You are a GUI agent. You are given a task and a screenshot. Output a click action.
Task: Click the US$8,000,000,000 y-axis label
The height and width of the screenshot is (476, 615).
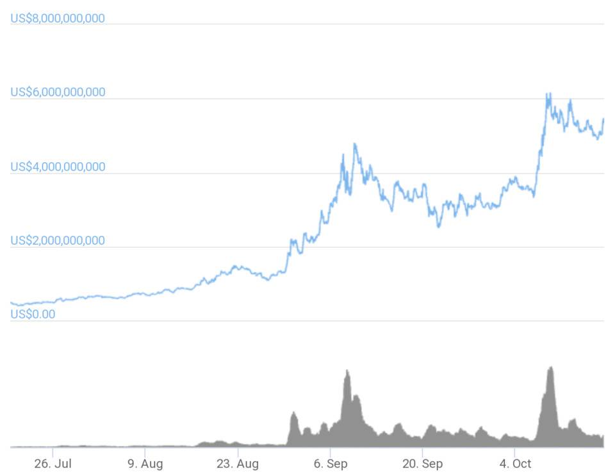[x=58, y=18]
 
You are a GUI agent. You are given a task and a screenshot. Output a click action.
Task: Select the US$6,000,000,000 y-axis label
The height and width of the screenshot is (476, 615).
[x=58, y=92]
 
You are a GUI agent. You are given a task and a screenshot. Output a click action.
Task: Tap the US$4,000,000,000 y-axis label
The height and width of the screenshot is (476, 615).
[x=58, y=167]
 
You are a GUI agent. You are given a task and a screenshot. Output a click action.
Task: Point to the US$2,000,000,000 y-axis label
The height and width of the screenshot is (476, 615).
[x=58, y=241]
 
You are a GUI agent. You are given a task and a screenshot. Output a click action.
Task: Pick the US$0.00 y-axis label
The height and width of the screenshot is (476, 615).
[x=33, y=315]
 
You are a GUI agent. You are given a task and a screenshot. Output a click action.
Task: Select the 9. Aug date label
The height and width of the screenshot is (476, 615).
[x=145, y=464]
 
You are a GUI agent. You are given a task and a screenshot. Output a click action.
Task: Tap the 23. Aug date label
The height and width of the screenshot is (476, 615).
[x=238, y=464]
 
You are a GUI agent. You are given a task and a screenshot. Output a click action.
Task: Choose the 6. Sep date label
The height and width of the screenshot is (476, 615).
[x=330, y=464]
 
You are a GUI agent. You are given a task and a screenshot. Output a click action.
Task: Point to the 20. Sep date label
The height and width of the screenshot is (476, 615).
[x=422, y=464]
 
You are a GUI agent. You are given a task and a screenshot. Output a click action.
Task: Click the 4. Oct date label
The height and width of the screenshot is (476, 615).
[x=514, y=464]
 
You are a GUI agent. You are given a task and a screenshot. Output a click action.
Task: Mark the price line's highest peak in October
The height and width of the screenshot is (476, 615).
[x=548, y=94]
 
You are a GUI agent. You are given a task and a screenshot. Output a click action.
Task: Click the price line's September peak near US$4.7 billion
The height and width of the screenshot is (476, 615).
[x=354, y=144]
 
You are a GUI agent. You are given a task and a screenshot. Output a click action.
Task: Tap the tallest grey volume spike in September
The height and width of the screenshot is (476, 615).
[x=347, y=371]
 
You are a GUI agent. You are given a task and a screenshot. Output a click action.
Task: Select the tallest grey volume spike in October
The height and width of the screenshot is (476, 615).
[x=550, y=368]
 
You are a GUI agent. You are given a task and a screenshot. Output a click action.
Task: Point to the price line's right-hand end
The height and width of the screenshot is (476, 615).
[x=603, y=119]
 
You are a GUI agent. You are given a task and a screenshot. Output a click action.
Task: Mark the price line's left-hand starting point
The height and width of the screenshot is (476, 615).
[x=12, y=302]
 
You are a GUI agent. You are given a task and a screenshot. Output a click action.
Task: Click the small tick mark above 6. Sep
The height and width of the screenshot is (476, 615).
[x=330, y=451]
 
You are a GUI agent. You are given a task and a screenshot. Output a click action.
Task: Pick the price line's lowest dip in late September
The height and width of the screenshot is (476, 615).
[x=439, y=226]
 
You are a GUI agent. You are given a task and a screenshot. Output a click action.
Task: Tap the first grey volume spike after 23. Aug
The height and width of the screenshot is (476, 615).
[x=293, y=413]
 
